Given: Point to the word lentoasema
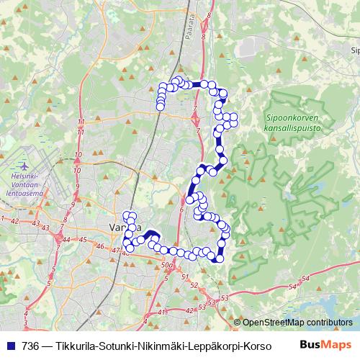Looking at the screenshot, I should point(24,194).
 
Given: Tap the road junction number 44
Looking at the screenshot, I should point(66,239).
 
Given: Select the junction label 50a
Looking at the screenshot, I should point(168,266).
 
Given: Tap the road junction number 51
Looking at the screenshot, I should point(185,276).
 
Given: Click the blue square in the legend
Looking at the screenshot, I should point(11,344).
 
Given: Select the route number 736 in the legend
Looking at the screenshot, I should point(30,344).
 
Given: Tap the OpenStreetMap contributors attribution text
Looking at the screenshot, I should point(297,323).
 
